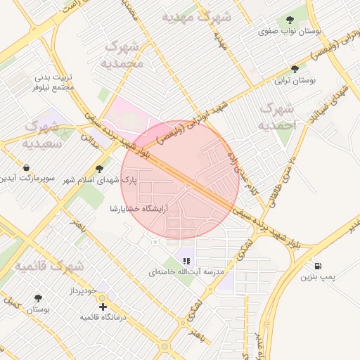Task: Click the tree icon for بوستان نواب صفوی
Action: tap(290, 20)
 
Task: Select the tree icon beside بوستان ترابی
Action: tap(294, 69)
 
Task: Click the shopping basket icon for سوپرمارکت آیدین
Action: tap(26, 168)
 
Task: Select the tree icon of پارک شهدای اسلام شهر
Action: tap(98, 169)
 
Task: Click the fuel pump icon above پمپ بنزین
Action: tap(319, 266)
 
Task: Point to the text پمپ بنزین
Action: tap(316, 278)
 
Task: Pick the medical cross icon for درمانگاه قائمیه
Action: tap(103, 307)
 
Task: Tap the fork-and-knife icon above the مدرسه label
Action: tap(186, 261)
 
